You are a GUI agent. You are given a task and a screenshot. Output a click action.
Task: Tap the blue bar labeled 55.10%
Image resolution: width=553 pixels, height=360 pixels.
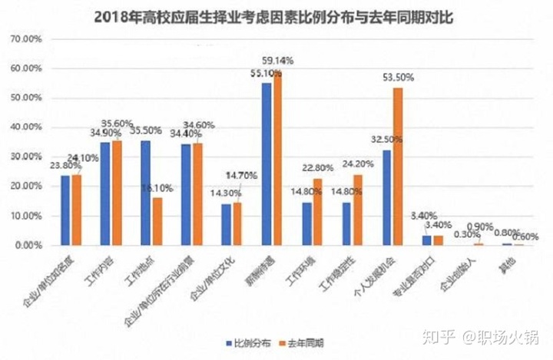[266, 164]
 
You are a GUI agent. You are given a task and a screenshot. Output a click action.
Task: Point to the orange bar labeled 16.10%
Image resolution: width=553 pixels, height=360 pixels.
[157, 221]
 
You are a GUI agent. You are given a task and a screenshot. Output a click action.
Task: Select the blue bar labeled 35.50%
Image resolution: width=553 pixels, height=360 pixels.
[145, 193]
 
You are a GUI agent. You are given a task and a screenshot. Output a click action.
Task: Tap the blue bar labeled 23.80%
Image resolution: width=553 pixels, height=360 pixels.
[65, 210]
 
